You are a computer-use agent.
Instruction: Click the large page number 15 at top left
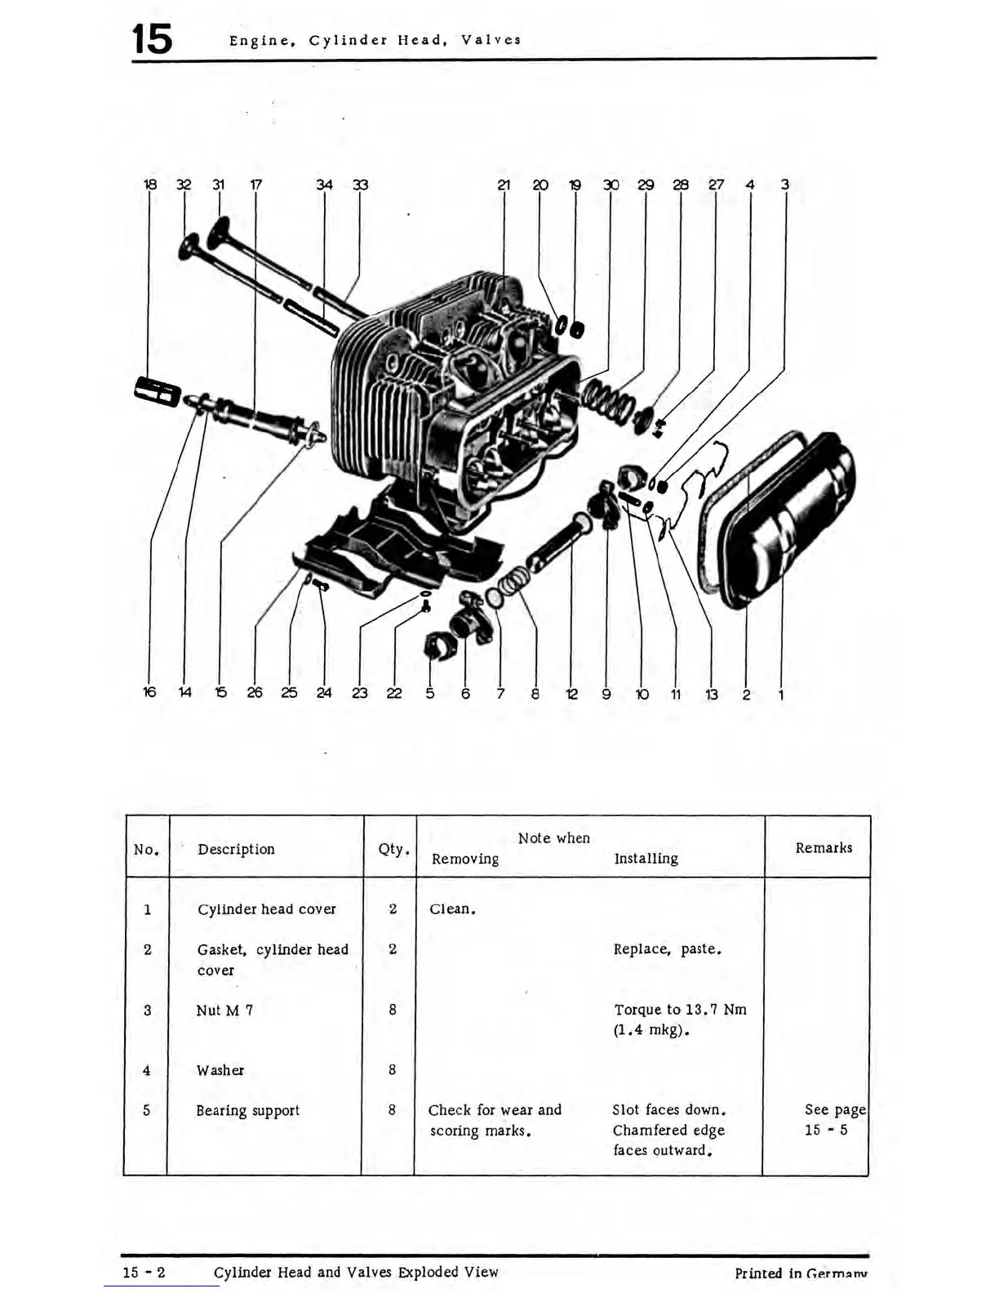(x=153, y=39)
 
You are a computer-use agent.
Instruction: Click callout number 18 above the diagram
(x=149, y=185)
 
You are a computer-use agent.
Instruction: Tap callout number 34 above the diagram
(x=324, y=185)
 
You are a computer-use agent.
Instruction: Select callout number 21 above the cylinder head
(x=504, y=185)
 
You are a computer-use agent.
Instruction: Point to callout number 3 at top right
(x=784, y=184)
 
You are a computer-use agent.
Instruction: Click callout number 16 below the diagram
(x=149, y=692)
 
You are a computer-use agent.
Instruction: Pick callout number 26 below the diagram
(x=255, y=693)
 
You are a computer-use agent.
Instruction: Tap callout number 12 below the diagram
(x=571, y=695)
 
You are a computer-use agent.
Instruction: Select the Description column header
(x=236, y=849)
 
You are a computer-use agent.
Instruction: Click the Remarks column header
(x=824, y=848)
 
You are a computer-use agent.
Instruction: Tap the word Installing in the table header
(x=646, y=859)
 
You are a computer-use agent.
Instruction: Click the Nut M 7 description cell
(x=224, y=1011)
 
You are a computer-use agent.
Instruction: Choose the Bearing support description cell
(x=247, y=1111)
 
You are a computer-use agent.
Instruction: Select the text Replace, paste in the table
(x=667, y=949)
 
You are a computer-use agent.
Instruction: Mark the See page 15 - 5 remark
(x=832, y=1120)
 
